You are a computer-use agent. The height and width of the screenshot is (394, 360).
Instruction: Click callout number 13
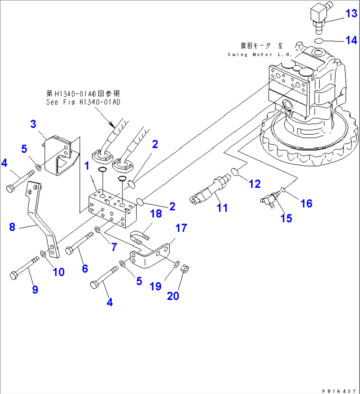[x=351, y=14]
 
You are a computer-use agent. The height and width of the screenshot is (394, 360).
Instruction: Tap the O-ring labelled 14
[x=319, y=41]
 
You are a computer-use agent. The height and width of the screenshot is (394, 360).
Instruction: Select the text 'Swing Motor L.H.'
[x=259, y=54]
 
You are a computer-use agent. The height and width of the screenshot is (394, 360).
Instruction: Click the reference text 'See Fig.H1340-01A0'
[x=83, y=102]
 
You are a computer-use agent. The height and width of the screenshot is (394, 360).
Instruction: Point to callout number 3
[x=33, y=124]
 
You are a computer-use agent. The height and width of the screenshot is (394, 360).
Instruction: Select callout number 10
[x=59, y=272]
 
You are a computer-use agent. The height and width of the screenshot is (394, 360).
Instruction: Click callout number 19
[x=155, y=286]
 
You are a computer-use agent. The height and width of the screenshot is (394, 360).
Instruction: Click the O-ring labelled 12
[x=234, y=172]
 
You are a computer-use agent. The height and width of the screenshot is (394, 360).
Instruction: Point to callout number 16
[x=306, y=203]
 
